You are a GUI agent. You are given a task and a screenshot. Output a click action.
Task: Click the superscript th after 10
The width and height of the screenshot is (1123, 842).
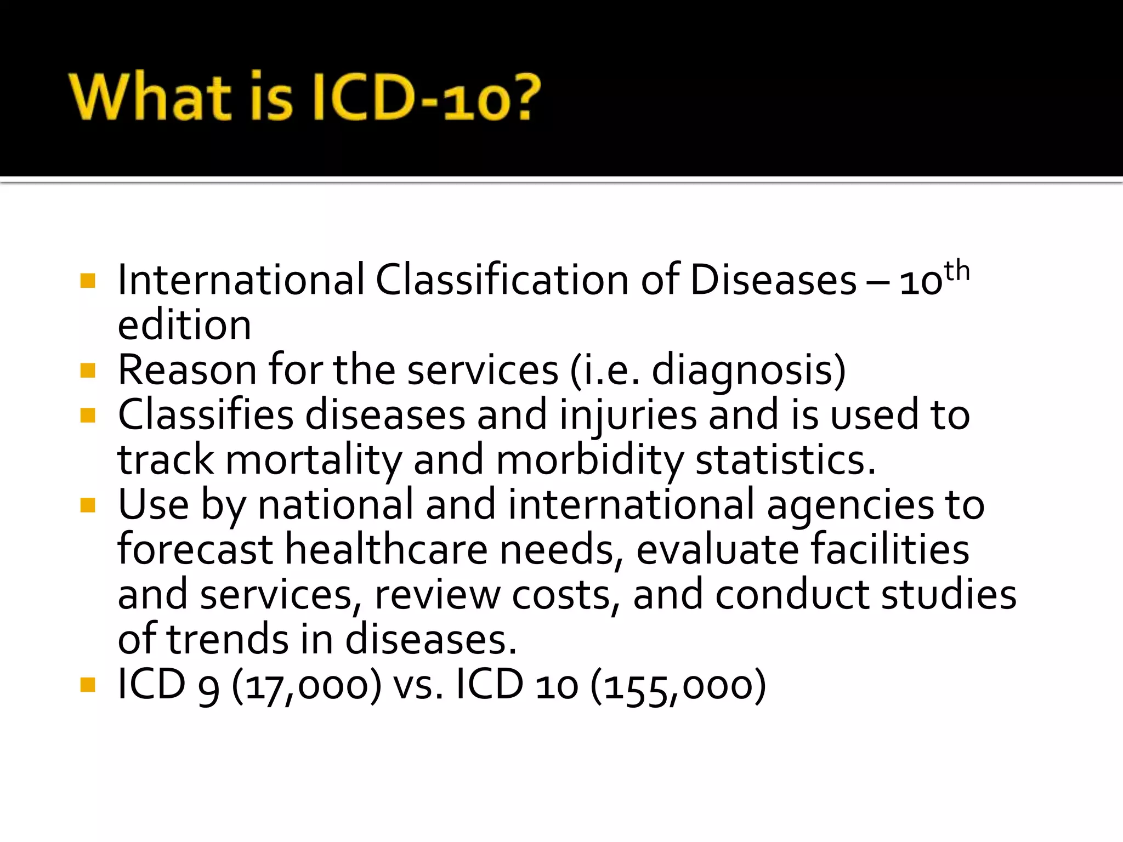click(x=957, y=271)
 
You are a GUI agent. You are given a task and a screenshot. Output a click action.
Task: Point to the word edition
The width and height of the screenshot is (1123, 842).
click(x=184, y=325)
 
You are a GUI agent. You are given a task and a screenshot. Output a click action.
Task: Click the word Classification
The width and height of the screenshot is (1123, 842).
click(x=502, y=280)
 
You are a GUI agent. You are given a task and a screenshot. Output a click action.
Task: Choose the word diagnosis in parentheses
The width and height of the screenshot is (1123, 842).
click(x=742, y=371)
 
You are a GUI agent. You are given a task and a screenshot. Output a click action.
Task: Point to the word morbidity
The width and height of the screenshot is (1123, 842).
click(x=590, y=460)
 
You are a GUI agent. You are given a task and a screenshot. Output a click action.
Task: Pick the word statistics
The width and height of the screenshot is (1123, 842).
click(x=785, y=460)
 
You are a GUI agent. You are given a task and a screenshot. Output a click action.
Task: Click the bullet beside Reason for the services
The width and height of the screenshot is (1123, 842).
click(x=88, y=371)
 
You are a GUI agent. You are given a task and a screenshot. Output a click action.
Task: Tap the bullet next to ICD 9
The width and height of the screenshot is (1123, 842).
click(x=88, y=685)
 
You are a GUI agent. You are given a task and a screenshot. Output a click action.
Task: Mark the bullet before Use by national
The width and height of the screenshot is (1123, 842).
click(x=88, y=505)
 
